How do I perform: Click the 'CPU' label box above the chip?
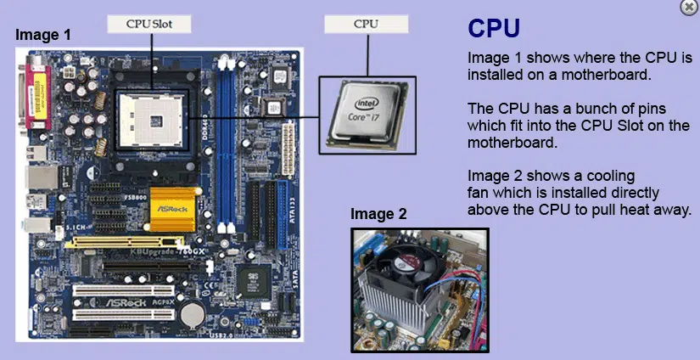[x=366, y=25]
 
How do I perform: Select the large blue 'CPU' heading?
[x=495, y=28]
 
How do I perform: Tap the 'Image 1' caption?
[x=43, y=35]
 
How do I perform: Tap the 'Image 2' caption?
[x=378, y=214]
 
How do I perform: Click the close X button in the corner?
[x=688, y=7]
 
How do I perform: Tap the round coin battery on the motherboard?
[x=193, y=312]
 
